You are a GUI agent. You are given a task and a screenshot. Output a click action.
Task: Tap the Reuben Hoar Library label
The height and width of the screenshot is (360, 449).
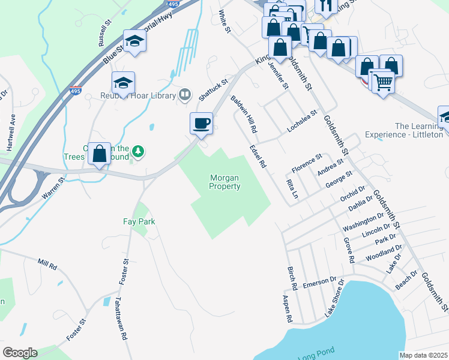(144, 95)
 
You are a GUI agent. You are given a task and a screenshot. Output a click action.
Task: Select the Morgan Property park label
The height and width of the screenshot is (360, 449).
(225, 182)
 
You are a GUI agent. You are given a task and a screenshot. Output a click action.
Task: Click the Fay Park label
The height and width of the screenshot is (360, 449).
(139, 221)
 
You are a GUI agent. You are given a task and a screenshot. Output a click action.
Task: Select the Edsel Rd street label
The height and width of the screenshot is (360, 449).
(258, 156)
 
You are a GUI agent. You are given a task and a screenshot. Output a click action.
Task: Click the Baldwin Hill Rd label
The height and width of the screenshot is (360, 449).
(244, 114)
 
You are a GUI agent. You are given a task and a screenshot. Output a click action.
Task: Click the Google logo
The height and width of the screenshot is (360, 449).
(20, 353)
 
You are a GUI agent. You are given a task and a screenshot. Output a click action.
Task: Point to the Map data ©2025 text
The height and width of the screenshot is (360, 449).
(423, 355)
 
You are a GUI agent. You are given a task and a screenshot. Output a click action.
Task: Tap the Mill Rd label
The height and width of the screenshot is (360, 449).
(46, 263)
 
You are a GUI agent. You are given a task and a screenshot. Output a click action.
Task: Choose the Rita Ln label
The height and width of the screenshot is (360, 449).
(292, 188)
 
